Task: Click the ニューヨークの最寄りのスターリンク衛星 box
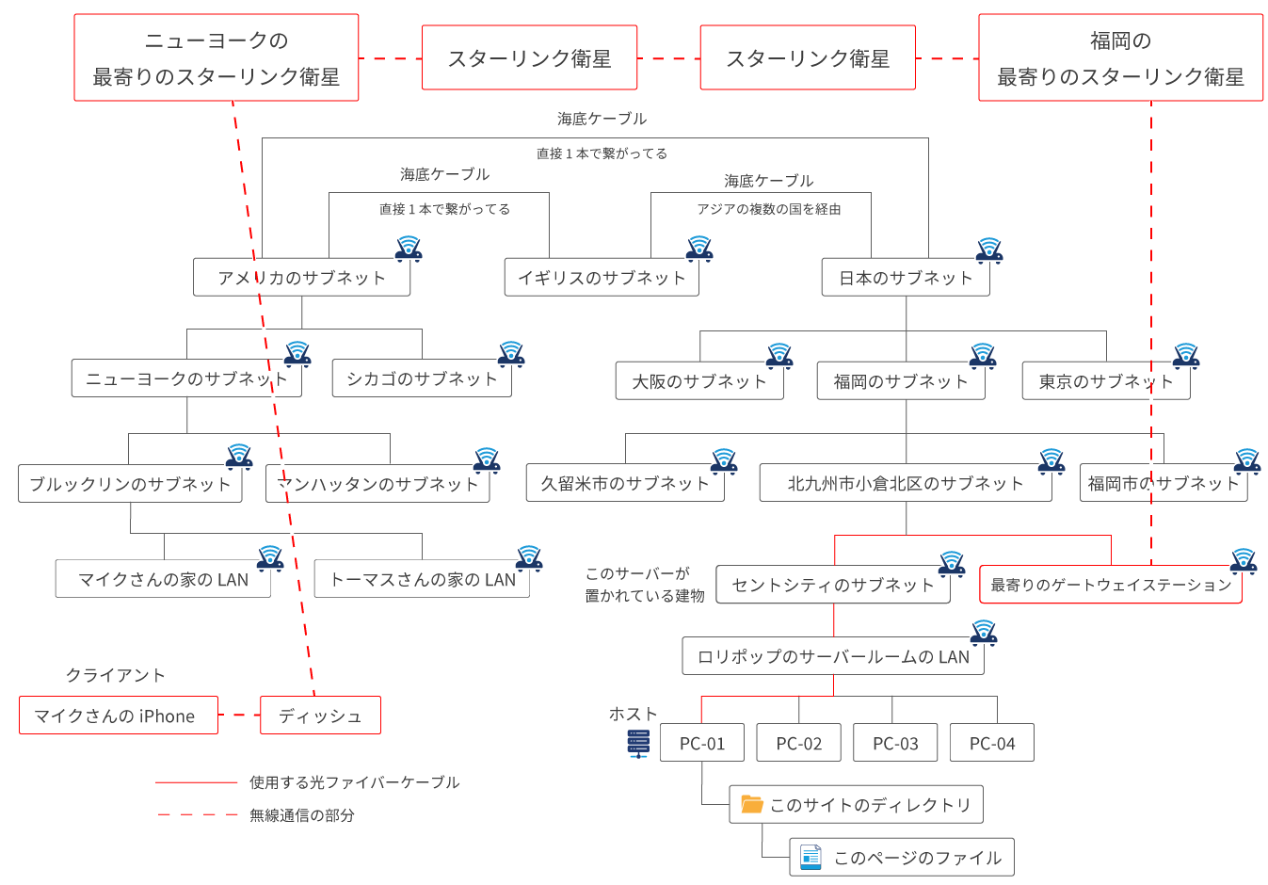216,57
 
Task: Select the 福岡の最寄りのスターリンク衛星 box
1120,57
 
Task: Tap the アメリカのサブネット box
301,278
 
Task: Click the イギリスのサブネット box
601,278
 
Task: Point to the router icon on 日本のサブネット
988,249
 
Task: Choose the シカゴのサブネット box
421,378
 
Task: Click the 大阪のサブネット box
698,381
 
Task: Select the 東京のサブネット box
1105,381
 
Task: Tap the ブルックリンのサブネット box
130,484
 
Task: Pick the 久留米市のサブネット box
624,484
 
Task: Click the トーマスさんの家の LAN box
421,580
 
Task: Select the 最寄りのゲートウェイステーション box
1110,585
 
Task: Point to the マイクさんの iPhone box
118,716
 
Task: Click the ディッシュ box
320,716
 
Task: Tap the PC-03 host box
894,743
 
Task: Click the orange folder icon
751,804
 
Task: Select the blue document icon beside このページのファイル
810,857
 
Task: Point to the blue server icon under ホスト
638,743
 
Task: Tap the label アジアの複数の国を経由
768,209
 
